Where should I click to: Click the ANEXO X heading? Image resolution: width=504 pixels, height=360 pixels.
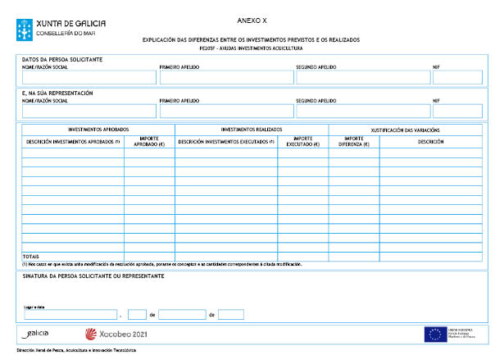(251, 18)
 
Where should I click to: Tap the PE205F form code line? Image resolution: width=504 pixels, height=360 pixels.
(251, 48)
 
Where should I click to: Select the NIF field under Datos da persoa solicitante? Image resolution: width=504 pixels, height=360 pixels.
(457, 78)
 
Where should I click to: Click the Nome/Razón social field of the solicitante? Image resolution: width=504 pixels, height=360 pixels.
(89, 78)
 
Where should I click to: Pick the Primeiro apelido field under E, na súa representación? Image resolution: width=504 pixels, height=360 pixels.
(226, 111)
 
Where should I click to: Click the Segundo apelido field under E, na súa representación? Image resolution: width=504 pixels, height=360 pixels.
(361, 111)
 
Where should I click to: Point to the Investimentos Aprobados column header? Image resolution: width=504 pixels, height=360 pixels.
(98, 130)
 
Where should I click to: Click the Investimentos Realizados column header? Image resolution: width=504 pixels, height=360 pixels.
(251, 130)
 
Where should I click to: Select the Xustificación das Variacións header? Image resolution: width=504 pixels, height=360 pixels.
(405, 130)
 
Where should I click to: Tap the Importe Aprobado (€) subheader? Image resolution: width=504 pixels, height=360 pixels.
(149, 141)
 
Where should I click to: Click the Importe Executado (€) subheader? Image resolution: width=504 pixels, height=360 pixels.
(302, 141)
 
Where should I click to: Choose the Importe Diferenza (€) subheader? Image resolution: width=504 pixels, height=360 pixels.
(354, 141)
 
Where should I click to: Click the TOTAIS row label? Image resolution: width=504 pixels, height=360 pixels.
(31, 257)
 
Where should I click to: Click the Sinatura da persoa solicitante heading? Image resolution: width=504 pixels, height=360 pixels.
(93, 276)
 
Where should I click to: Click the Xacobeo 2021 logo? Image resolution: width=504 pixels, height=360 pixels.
(116, 334)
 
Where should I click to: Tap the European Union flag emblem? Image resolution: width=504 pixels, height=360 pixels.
(434, 334)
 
